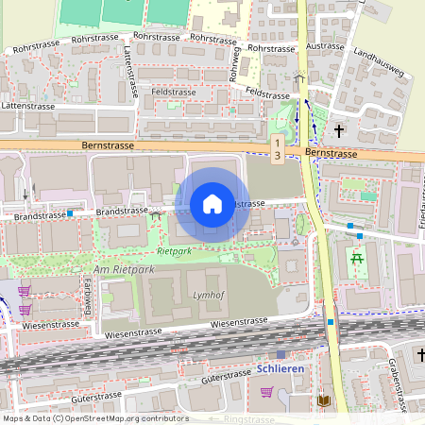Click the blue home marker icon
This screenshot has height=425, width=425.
(212, 204)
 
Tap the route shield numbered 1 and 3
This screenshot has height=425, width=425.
(277, 147)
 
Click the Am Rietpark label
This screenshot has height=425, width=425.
(124, 270)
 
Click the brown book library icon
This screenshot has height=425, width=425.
(326, 401)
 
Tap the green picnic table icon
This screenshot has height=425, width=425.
(357, 258)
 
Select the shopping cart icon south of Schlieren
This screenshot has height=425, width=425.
(267, 392)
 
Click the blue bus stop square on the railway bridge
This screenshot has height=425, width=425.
(331, 322)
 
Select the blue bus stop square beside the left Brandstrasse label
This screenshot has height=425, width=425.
(70, 213)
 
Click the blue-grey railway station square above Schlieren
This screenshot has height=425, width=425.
(280, 354)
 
